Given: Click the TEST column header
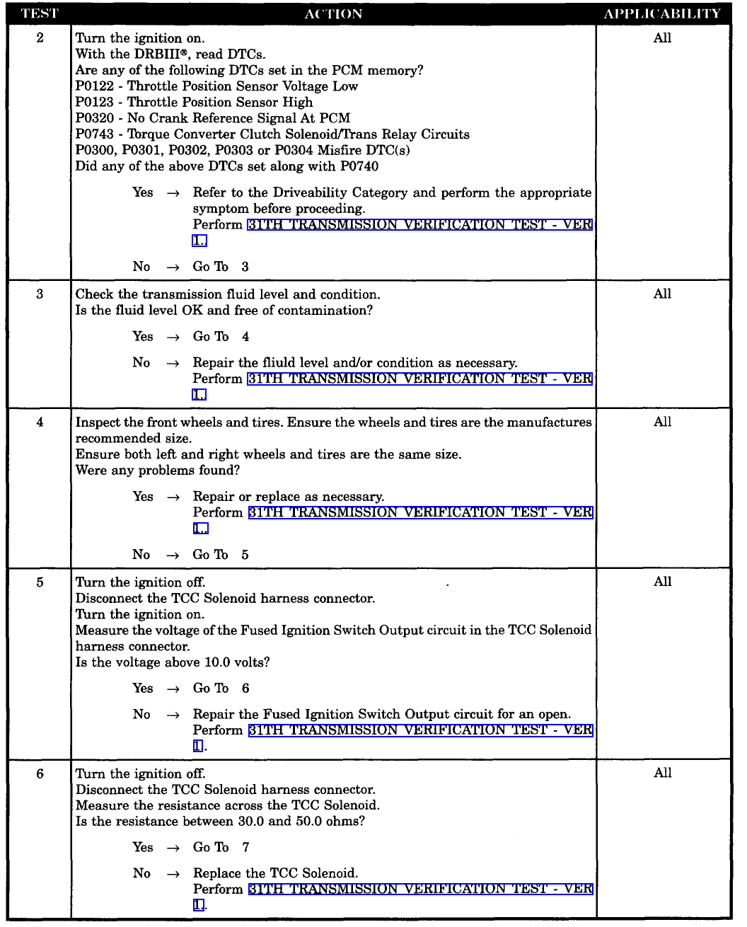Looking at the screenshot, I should [x=40, y=13].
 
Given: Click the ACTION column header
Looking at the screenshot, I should [x=333, y=13].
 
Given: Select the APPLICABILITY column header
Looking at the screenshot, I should [x=662, y=13].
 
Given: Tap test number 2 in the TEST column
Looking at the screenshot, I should [x=40, y=38].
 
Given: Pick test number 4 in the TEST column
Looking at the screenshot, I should [x=40, y=422].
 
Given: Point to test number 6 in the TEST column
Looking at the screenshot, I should [x=40, y=773].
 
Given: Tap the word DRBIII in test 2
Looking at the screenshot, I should [x=166, y=54].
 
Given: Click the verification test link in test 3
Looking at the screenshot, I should [x=419, y=379].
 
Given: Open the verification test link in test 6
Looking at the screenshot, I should [x=420, y=889].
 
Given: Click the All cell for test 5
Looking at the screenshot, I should [x=662, y=582].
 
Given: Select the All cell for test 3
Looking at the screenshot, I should [x=662, y=294].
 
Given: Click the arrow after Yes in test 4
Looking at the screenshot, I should [x=173, y=497].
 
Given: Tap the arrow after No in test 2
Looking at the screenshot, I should [x=173, y=267].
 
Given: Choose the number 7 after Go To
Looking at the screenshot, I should [x=245, y=847].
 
